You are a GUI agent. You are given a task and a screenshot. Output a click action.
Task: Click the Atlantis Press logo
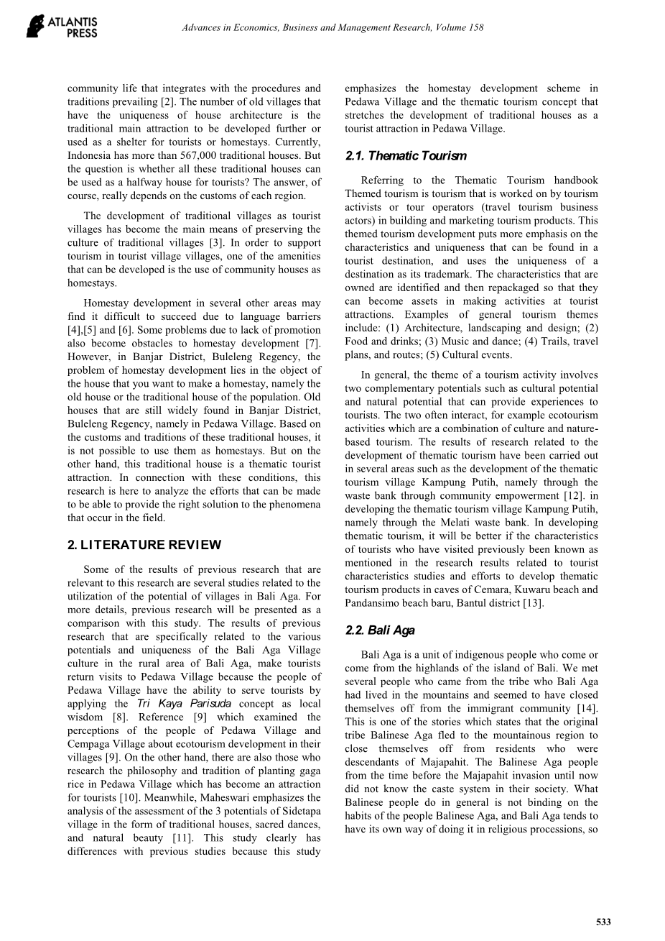62,25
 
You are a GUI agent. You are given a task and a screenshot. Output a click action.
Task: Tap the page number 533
604,922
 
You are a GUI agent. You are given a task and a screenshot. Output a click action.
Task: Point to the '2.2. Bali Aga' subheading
380,630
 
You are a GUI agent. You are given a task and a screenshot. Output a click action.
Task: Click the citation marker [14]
589,709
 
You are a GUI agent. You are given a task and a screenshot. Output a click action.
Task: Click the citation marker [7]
312,343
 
